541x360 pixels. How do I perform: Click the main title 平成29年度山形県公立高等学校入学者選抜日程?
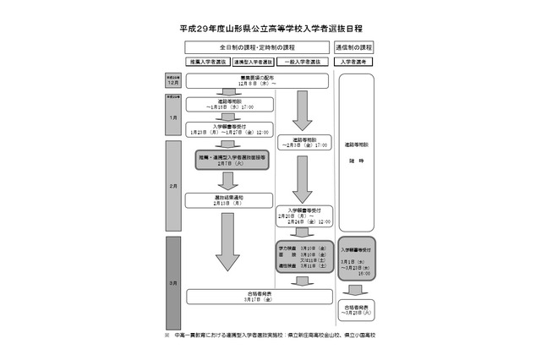[x=270, y=28]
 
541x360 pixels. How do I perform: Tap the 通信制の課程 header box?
[x=355, y=47]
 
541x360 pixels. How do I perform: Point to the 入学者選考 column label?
[x=355, y=63]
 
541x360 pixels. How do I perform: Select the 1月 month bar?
[x=172, y=117]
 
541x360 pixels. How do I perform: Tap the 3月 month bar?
[x=172, y=282]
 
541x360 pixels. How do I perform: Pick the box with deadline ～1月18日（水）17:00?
[x=229, y=105]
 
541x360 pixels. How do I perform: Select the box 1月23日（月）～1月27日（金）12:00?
[x=229, y=128]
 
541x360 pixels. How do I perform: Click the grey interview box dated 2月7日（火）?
[x=231, y=160]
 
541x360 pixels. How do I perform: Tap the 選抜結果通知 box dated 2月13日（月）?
[x=229, y=200]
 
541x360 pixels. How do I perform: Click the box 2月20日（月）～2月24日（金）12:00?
[x=304, y=215]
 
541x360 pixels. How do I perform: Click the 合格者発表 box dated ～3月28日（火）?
[x=355, y=308]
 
